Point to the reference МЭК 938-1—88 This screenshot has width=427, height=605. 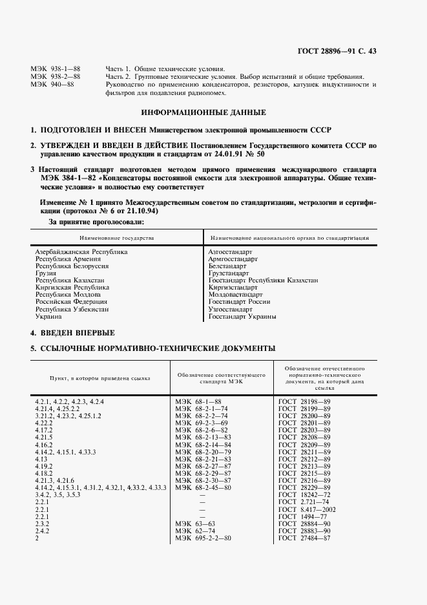56,69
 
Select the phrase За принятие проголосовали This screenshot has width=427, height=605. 96,222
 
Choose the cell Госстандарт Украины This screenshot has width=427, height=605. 242,317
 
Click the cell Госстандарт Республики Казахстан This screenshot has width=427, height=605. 263,281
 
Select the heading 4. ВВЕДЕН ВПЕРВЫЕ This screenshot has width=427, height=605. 73,333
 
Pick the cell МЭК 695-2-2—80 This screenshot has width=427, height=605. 203,538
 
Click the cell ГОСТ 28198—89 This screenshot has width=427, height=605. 304,402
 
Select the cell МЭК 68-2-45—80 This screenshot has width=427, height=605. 203,487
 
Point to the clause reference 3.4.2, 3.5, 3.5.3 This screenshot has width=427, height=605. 57,494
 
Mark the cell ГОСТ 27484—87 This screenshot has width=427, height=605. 304,538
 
